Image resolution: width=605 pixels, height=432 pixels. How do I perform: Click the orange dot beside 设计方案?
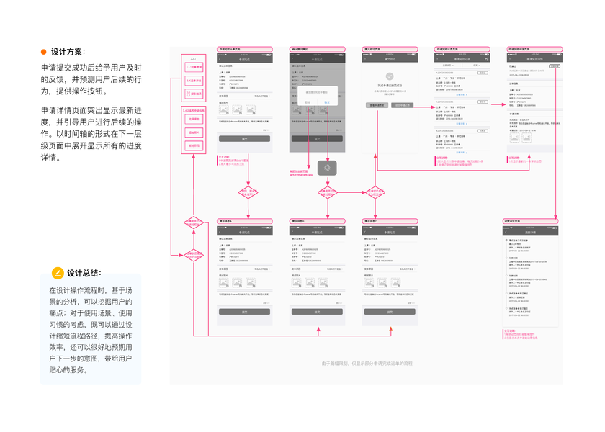[x=44, y=52]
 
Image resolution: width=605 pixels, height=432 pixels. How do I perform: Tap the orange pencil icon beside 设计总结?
[x=58, y=274]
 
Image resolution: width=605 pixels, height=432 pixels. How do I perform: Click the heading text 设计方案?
[x=68, y=52]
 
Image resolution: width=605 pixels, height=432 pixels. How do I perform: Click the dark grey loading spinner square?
[x=327, y=167]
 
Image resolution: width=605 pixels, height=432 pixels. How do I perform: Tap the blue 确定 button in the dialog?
[x=327, y=102]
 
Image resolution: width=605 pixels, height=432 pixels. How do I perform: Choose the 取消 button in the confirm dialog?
[x=308, y=102]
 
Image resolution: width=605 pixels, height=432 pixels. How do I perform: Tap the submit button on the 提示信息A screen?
[x=244, y=312]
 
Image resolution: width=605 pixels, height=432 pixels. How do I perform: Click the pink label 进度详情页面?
[x=521, y=220]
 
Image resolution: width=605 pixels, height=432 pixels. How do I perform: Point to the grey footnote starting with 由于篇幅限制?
[x=367, y=364]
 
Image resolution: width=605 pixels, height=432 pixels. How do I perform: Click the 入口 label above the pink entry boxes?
[x=193, y=58]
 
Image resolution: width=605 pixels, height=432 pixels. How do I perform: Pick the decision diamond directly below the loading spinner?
[x=327, y=193]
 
